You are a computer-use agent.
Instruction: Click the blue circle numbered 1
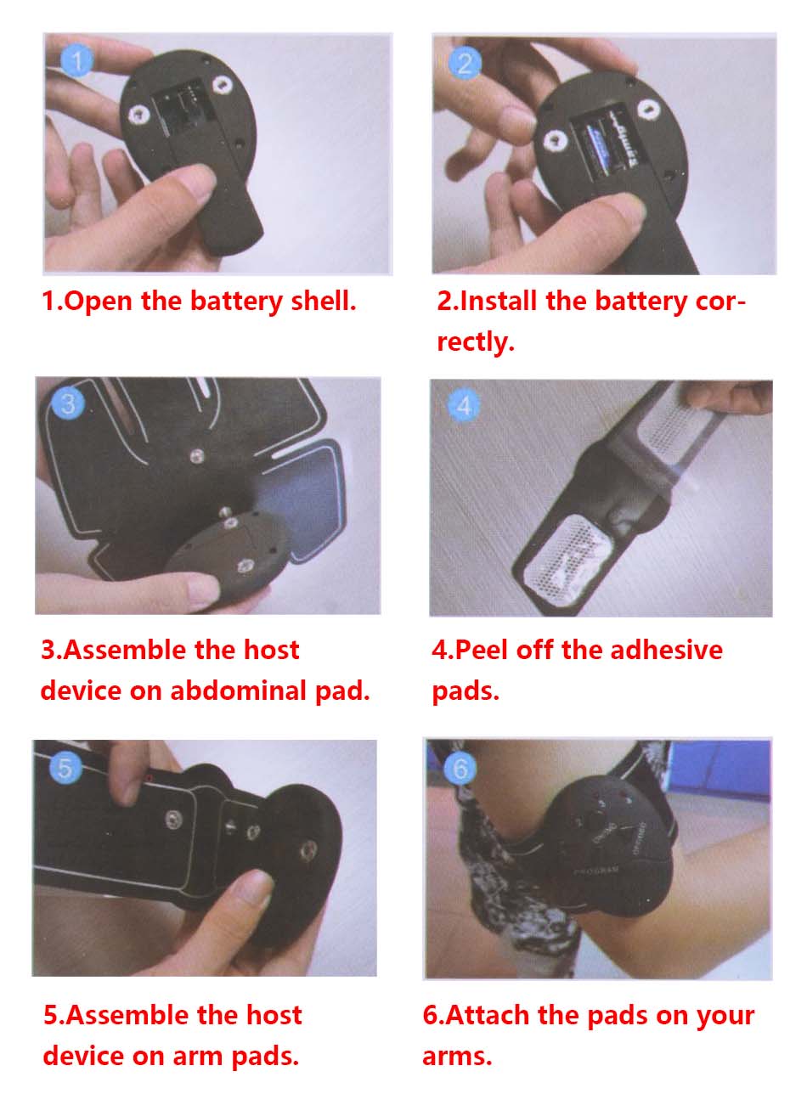[76, 60]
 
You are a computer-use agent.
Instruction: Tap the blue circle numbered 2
[464, 63]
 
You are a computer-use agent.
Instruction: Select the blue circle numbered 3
[69, 403]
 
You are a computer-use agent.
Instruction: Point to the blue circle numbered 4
[464, 406]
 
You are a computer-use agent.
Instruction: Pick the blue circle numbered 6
[460, 768]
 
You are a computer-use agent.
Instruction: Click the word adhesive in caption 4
[666, 650]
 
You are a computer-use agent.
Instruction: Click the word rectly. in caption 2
[476, 342]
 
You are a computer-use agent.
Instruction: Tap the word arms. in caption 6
[457, 1057]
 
